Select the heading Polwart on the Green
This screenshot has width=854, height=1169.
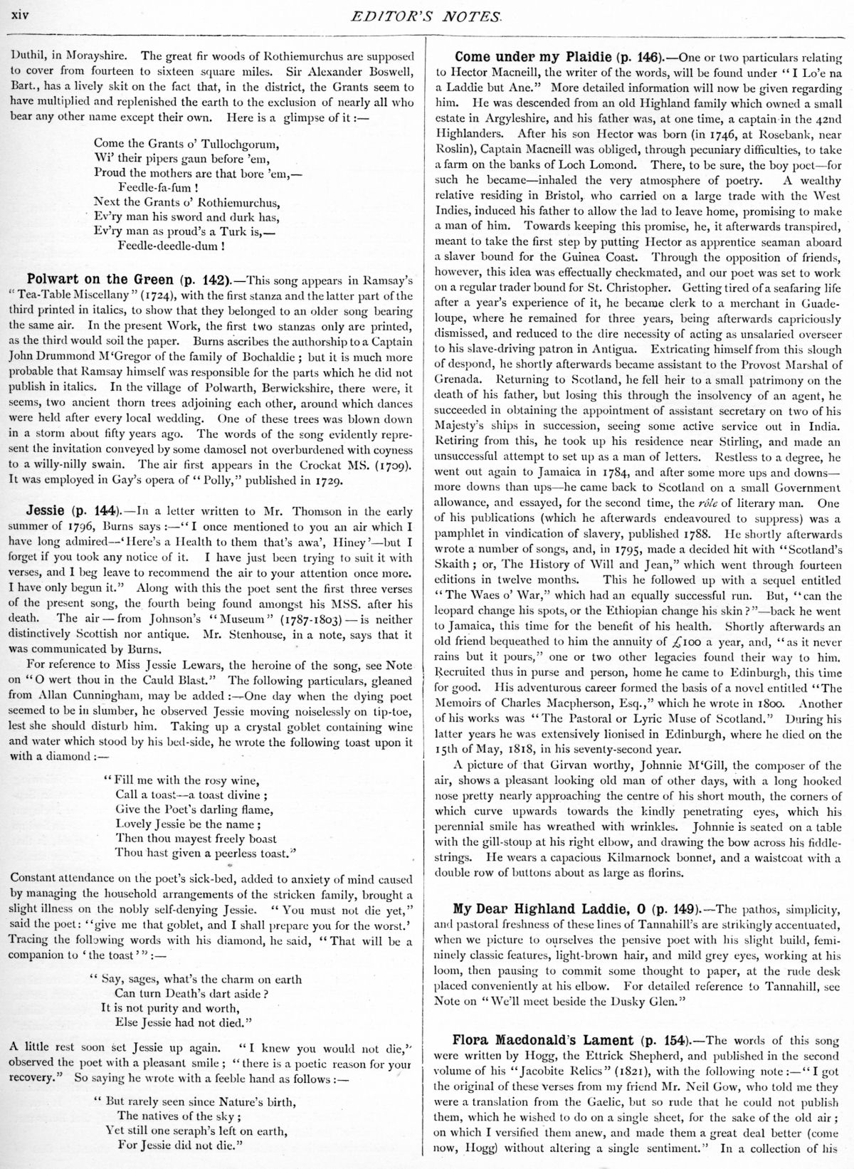pos(99,278)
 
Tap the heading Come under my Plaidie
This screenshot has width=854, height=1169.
pos(523,56)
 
